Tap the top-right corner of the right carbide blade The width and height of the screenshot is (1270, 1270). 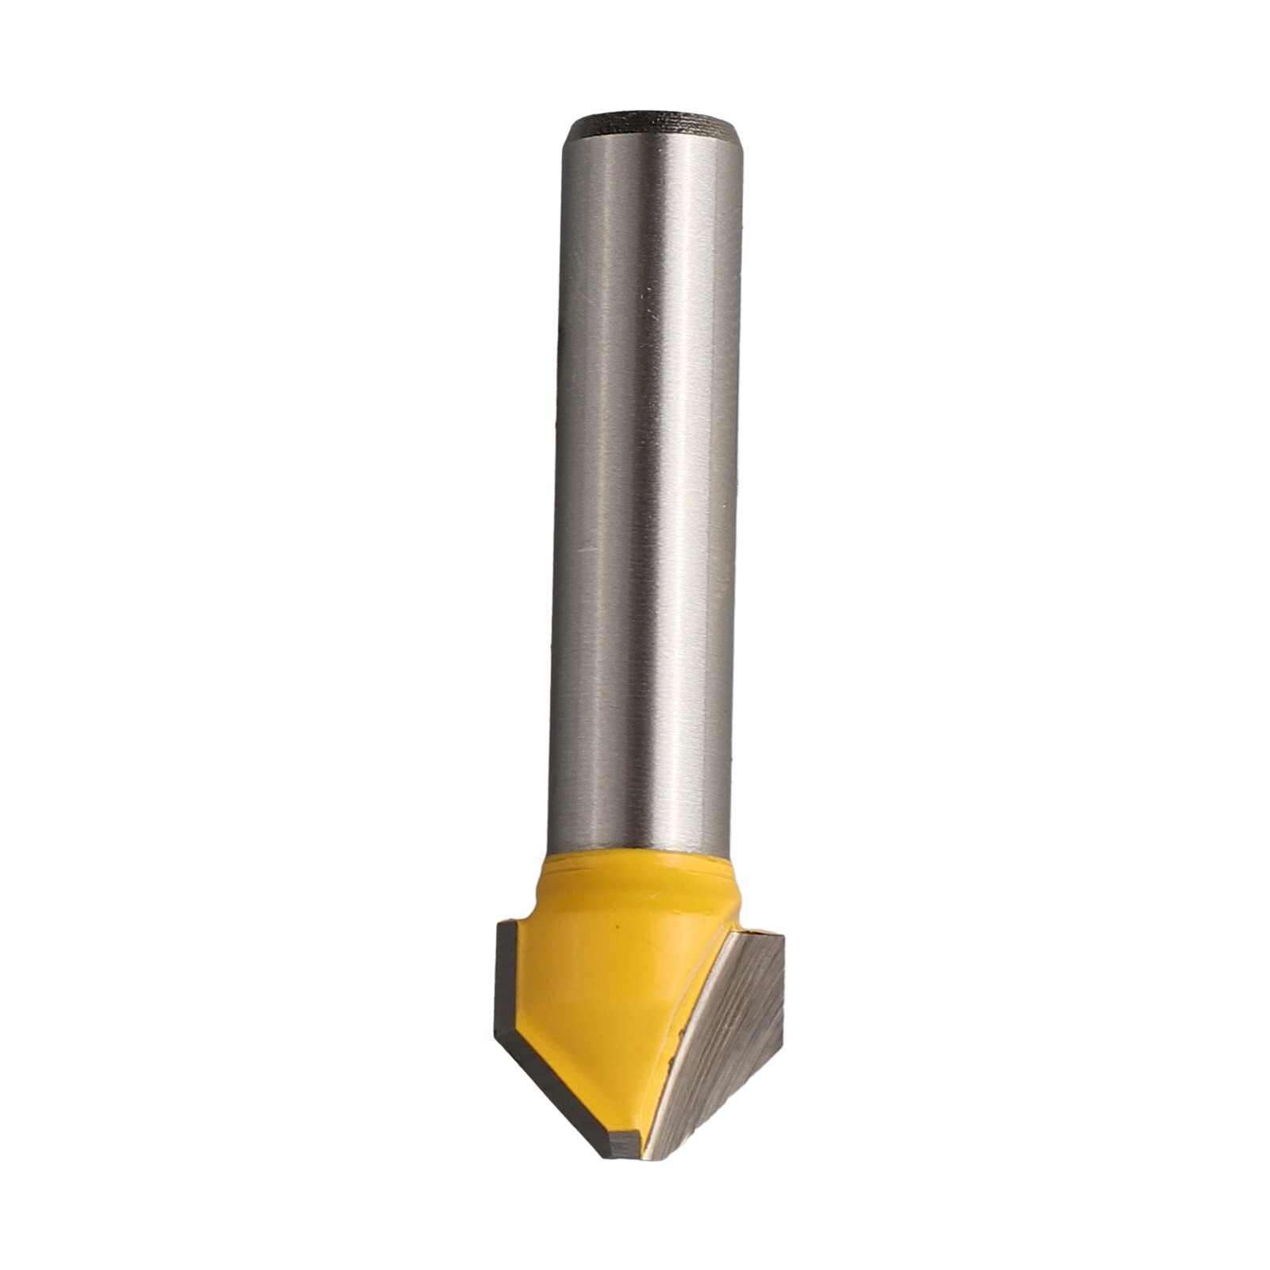(782, 937)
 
